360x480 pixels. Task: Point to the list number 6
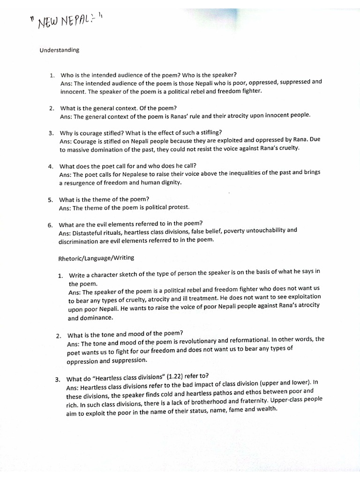coord(51,225)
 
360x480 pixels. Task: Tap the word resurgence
coord(82,183)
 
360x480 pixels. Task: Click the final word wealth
coord(269,409)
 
